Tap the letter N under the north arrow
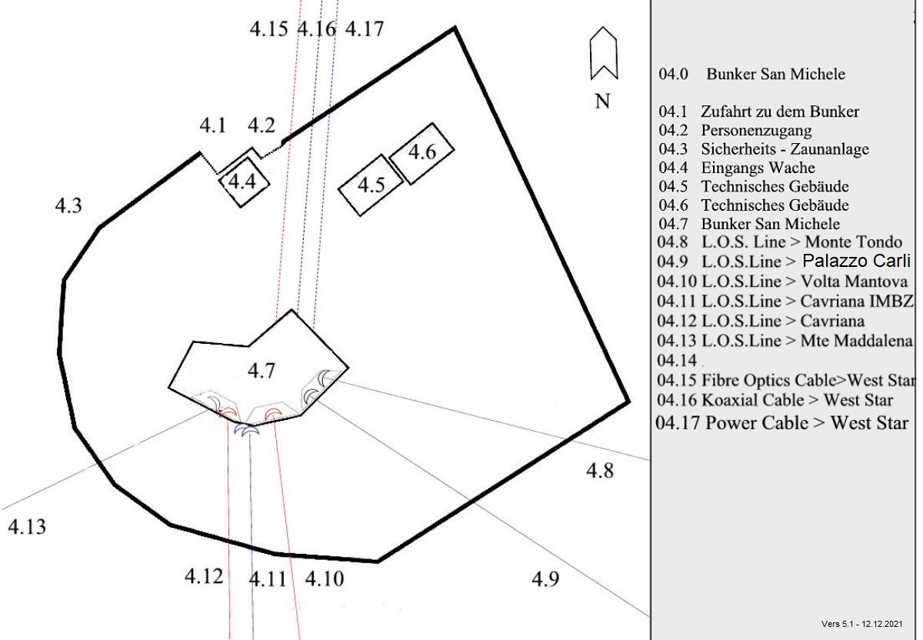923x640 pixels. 602,101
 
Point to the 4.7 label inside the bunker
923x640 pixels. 262,371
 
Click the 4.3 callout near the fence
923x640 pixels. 68,205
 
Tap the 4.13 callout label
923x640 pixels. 27,527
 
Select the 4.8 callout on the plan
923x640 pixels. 600,470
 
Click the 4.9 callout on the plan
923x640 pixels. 545,579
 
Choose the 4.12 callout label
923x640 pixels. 204,575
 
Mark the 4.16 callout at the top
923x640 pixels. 316,29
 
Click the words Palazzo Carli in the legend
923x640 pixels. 856,261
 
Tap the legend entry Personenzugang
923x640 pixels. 757,130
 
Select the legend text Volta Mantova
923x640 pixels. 854,282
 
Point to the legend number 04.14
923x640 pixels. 677,360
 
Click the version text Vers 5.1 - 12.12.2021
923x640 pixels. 862,624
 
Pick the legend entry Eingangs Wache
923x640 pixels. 758,168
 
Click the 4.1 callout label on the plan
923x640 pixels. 213,125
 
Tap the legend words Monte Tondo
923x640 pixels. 854,242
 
